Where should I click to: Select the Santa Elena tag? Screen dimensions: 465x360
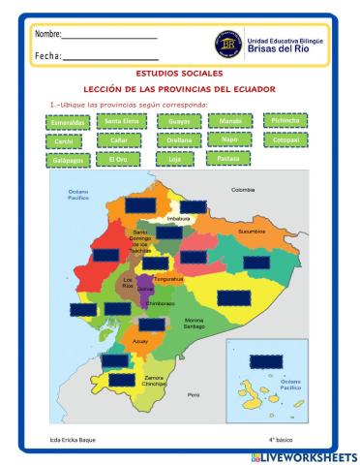coord(125,121)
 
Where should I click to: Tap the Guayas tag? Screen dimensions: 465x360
coord(179,121)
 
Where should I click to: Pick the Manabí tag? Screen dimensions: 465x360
coord(230,121)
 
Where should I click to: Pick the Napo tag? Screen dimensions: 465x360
coord(229,139)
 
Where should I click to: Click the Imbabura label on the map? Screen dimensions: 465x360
coord(179,220)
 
